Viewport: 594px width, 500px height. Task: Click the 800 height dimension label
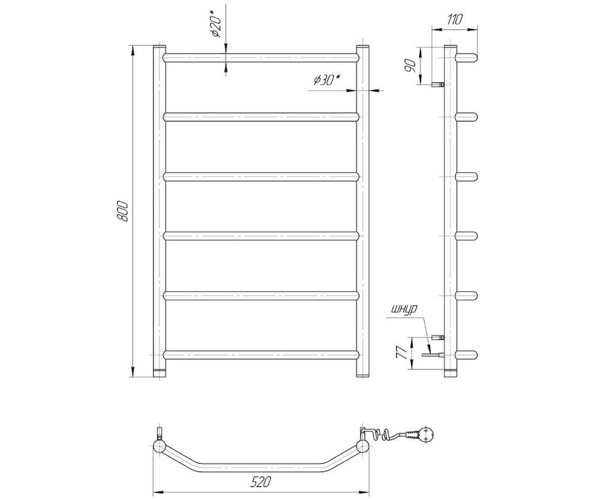[123, 211]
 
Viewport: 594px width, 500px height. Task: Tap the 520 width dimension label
[261, 482]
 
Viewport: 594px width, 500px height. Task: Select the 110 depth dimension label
[454, 20]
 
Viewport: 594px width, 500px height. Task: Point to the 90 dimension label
[409, 66]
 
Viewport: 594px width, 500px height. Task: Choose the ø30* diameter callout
[327, 80]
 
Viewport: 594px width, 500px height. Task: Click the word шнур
[405, 309]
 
